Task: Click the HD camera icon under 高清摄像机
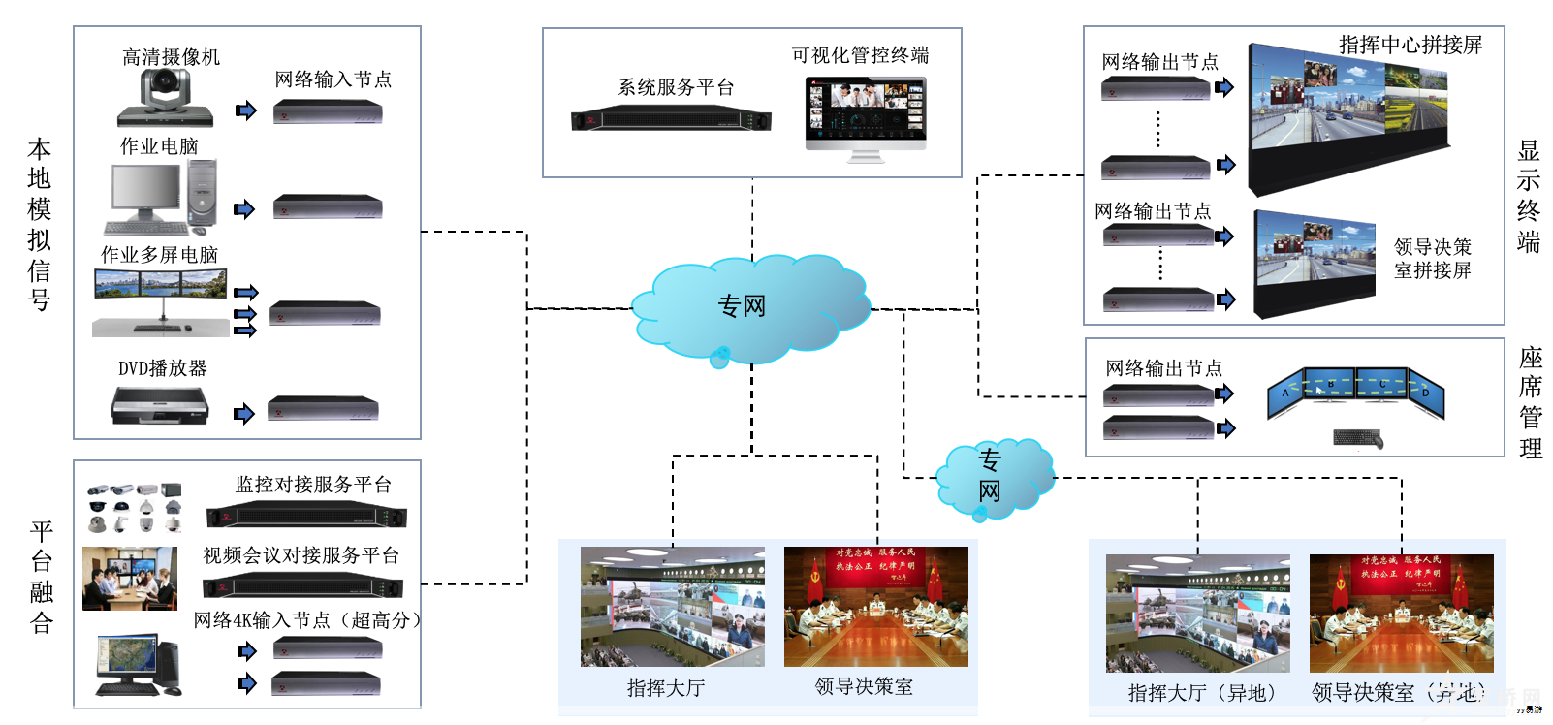pyautogui.click(x=165, y=99)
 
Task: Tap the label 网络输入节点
pyautogui.click(x=333, y=79)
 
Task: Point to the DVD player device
pyautogui.click(x=160, y=405)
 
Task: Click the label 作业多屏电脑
pyautogui.click(x=159, y=255)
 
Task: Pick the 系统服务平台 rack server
pyautogui.click(x=671, y=120)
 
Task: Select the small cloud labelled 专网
pyautogui.click(x=992, y=477)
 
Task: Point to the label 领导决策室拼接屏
pyautogui.click(x=1432, y=259)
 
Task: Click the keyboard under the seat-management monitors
pyautogui.click(x=1357, y=439)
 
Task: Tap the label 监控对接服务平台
pyautogui.click(x=313, y=485)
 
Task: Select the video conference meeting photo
pyautogui.click(x=130, y=579)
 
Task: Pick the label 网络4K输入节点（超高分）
pyautogui.click(x=307, y=620)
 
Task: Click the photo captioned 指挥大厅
pyautogui.click(x=672, y=607)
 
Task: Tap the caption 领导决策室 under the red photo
pyautogui.click(x=864, y=687)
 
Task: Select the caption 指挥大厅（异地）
pyautogui.click(x=1203, y=693)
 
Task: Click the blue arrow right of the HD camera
pyautogui.click(x=246, y=110)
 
